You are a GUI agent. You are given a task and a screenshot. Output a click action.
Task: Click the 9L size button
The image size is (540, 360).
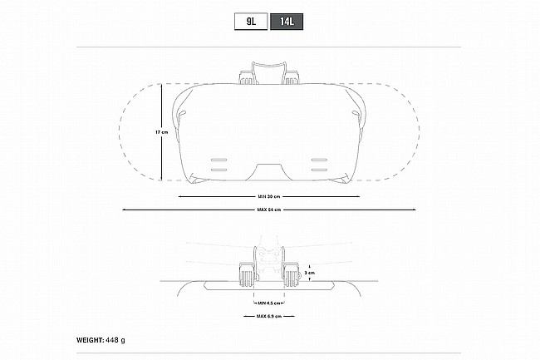point(251,22)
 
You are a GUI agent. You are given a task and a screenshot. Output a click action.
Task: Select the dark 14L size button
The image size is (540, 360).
point(287,22)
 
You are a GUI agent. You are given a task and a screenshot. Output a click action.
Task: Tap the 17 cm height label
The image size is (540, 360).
point(161,132)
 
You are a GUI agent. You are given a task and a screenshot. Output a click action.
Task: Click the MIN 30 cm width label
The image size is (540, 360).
point(269,196)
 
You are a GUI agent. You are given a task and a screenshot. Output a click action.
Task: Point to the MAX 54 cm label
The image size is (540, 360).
point(269,210)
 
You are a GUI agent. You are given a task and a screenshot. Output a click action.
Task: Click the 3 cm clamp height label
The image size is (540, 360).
point(310,273)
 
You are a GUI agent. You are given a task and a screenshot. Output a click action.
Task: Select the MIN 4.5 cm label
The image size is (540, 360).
point(269,303)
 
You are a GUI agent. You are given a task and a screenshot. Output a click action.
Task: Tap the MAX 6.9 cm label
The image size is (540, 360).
point(269,316)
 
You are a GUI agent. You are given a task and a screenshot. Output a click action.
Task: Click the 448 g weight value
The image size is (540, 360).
point(115,340)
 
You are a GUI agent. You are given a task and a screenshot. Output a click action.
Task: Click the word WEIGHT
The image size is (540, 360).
point(89,340)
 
